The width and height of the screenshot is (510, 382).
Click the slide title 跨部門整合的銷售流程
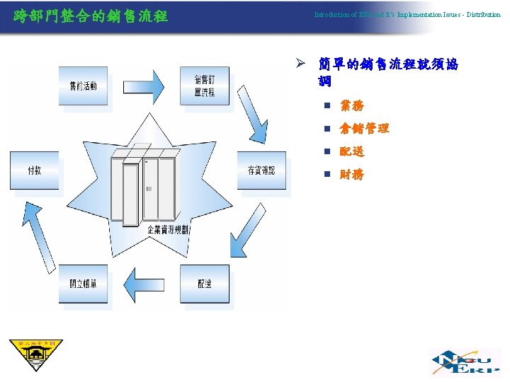point(91,15)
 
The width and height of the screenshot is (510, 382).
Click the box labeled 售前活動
point(83,86)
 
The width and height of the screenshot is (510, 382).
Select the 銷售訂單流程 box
point(205,86)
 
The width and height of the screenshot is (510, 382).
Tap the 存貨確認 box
point(261,170)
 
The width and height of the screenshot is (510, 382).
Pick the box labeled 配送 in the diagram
point(205,284)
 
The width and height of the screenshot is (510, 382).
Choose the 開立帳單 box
point(83,284)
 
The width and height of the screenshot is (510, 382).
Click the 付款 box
point(34,170)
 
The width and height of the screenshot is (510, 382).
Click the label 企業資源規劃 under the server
point(168,230)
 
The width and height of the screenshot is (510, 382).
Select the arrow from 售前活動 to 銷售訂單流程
point(144,86)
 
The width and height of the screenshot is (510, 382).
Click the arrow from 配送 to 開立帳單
point(144,284)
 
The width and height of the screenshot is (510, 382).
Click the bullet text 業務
point(352,106)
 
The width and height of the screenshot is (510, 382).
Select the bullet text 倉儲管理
point(364,129)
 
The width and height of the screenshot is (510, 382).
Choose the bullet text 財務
point(352,174)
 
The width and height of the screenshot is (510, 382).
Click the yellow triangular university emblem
point(35,356)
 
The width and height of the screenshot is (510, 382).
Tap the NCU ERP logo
point(466,361)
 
